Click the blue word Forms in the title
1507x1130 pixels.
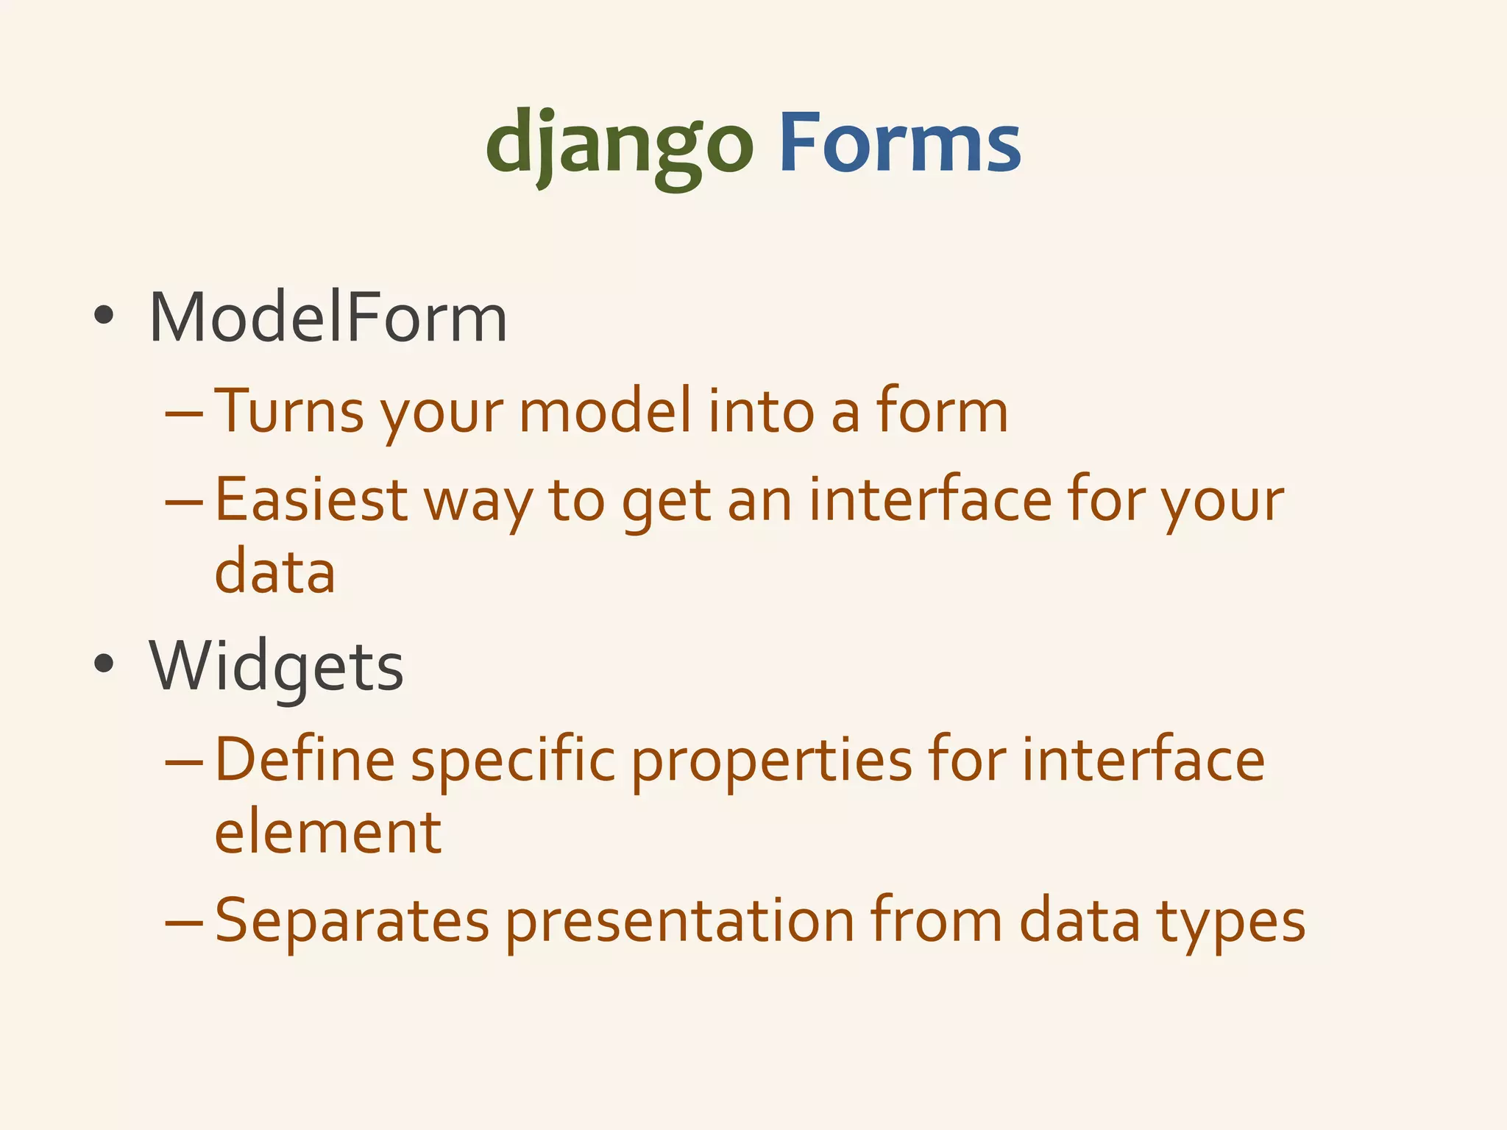pos(899,143)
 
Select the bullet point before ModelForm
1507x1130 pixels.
pos(104,316)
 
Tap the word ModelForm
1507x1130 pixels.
pos(328,318)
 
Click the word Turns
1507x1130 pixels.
pos(289,411)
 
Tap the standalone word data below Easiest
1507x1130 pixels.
pos(275,572)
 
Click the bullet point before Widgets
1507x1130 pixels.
pos(104,664)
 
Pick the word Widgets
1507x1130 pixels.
pos(277,667)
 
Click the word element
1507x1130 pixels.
pos(328,833)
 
